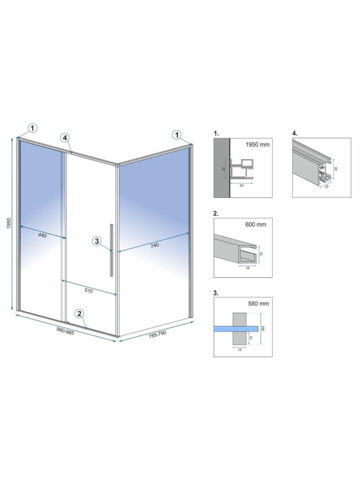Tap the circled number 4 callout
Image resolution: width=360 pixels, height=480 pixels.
[x=65, y=137]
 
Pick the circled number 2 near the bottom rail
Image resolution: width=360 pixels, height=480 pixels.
[x=80, y=314]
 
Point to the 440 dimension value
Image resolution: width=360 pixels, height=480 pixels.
[x=42, y=235]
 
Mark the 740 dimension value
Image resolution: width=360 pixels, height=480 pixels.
[x=154, y=245]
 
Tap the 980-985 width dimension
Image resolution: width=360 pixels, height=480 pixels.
[x=65, y=331]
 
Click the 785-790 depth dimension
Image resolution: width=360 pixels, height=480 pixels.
[x=157, y=334]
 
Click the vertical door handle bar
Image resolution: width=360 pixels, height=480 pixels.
[x=112, y=250]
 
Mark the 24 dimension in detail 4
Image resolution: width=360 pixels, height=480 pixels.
[x=337, y=169]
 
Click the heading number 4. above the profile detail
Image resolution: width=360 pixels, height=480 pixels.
[x=295, y=132]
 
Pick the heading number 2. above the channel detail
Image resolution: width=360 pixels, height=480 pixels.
[x=216, y=212]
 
